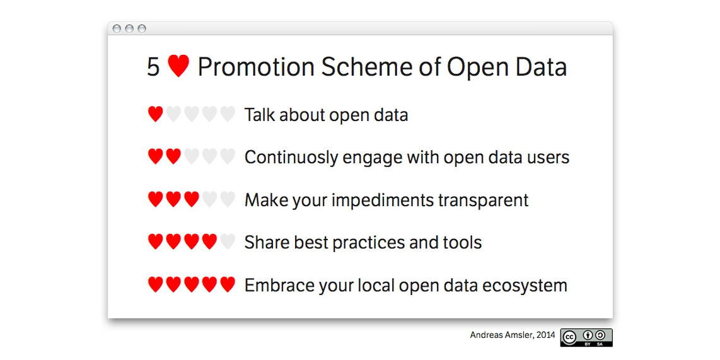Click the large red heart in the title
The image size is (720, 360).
[x=178, y=66]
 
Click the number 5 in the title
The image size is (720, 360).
[x=153, y=67]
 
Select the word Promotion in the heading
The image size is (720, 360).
[x=256, y=67]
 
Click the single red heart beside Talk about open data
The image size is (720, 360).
[x=155, y=114]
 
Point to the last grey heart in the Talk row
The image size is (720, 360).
[x=228, y=114]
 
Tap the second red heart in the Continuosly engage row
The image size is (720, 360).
[x=173, y=156]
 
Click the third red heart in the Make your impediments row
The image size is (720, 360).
[x=192, y=199]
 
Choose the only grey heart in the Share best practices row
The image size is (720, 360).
[x=228, y=241]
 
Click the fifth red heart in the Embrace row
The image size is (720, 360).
[x=228, y=284]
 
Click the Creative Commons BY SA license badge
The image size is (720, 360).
[x=586, y=337]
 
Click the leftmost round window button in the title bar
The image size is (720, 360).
[x=117, y=28]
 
